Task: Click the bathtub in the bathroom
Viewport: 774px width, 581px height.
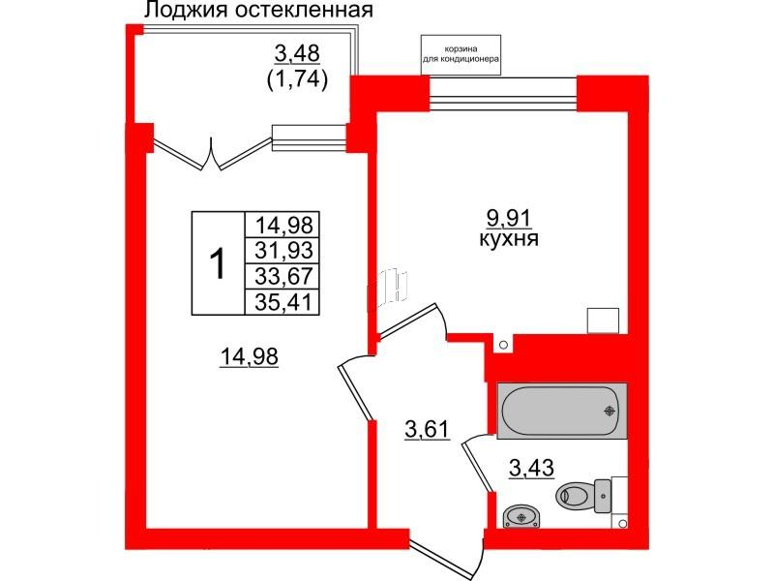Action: click(x=561, y=409)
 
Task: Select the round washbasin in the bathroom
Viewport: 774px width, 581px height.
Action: click(x=522, y=514)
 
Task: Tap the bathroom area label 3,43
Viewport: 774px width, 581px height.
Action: click(x=531, y=471)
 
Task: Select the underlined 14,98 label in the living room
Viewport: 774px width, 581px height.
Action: click(x=250, y=358)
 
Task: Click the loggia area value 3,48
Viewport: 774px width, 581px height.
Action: click(x=297, y=53)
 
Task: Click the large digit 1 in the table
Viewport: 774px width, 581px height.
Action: click(x=219, y=262)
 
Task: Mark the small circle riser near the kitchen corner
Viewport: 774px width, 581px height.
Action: click(x=502, y=345)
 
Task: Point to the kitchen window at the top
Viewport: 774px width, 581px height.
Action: click(x=503, y=92)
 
